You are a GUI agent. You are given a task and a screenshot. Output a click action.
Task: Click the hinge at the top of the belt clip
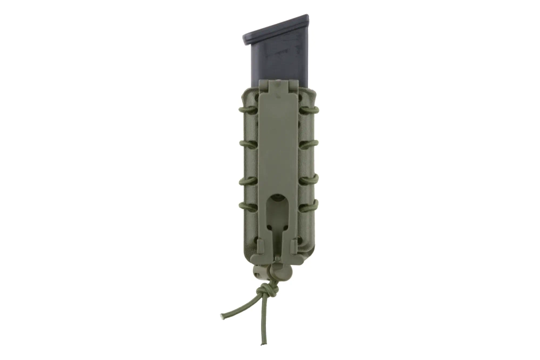(277, 85)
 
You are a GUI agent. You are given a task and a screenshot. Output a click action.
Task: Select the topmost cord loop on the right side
(310, 110)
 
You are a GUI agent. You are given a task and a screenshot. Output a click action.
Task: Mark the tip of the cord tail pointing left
(222, 316)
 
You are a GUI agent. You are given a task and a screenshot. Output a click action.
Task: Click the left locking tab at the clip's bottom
(260, 246)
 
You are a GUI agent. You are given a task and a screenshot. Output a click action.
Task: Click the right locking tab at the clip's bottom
(294, 246)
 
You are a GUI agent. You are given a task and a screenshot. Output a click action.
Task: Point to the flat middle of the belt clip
(277, 146)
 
